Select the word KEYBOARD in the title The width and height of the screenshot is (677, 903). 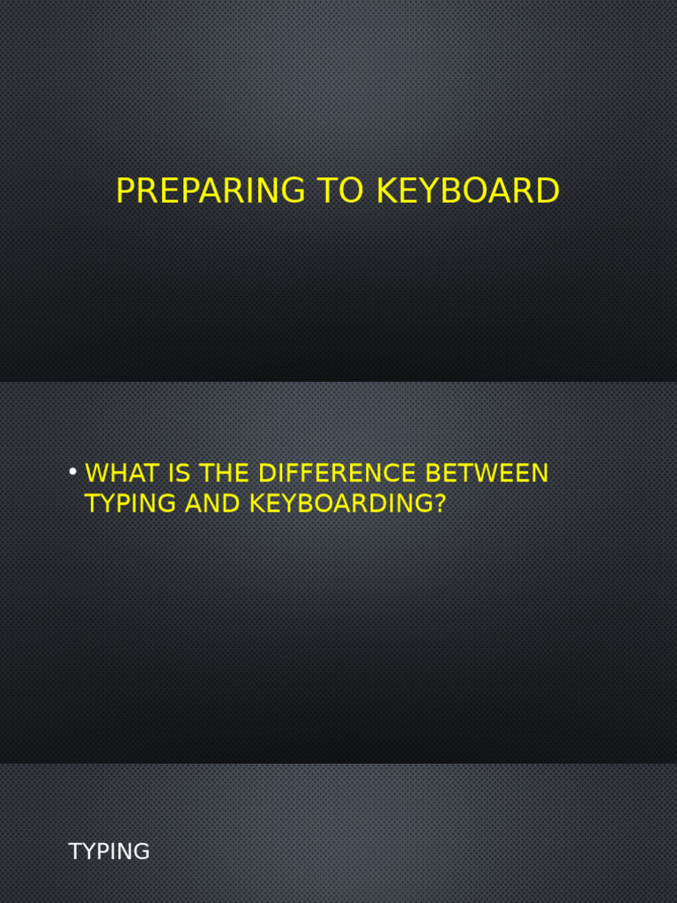(x=468, y=191)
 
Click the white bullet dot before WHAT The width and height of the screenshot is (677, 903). (x=73, y=472)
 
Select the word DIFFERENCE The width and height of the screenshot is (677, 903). (x=337, y=474)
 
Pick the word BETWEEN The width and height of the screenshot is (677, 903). (x=487, y=474)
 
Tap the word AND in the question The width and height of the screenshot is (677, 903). (x=212, y=504)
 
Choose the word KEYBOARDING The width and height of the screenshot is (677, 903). (x=339, y=504)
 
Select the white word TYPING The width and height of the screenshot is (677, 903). (x=109, y=852)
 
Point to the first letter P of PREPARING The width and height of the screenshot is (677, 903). (x=125, y=191)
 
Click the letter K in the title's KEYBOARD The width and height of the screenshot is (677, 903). (x=386, y=191)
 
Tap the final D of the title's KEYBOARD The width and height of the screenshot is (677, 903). (x=547, y=191)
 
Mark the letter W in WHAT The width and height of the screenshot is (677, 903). (x=96, y=474)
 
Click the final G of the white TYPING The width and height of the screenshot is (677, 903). (x=142, y=852)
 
